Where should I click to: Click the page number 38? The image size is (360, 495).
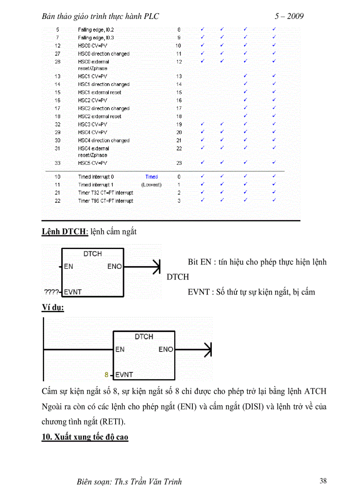tap(323, 481)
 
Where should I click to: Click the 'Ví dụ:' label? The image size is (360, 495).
tap(52, 308)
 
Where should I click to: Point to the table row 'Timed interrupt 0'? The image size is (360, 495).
tap(96, 177)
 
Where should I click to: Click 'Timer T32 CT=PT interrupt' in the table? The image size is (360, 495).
tap(105, 193)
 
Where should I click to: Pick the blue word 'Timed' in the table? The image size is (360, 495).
tap(151, 177)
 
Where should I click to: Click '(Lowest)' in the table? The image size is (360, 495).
tap(151, 185)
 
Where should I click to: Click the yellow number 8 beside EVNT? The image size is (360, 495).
tap(106, 375)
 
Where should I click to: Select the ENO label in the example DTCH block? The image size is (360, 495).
tap(166, 350)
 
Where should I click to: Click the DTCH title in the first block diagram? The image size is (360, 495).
tap(92, 254)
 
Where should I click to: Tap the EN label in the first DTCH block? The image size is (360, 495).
tap(68, 266)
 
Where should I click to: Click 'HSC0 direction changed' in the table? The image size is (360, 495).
tap(104, 54)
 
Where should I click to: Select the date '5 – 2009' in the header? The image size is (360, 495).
tap(289, 17)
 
